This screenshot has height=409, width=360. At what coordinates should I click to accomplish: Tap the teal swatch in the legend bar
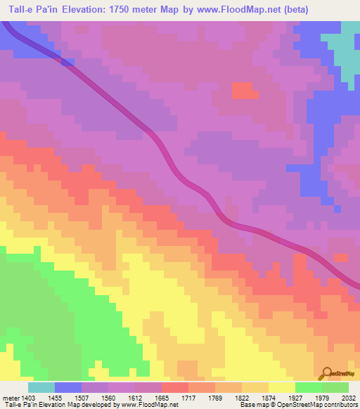coord(41,387)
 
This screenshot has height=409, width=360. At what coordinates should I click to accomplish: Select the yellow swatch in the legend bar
coord(281,387)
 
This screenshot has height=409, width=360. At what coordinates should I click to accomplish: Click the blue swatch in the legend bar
coord(67,387)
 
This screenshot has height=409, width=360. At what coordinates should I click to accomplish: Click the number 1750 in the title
coord(125,9)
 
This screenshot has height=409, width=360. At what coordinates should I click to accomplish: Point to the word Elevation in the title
coord(78,9)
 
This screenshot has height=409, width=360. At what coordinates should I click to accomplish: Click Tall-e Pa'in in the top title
coord(27,9)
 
